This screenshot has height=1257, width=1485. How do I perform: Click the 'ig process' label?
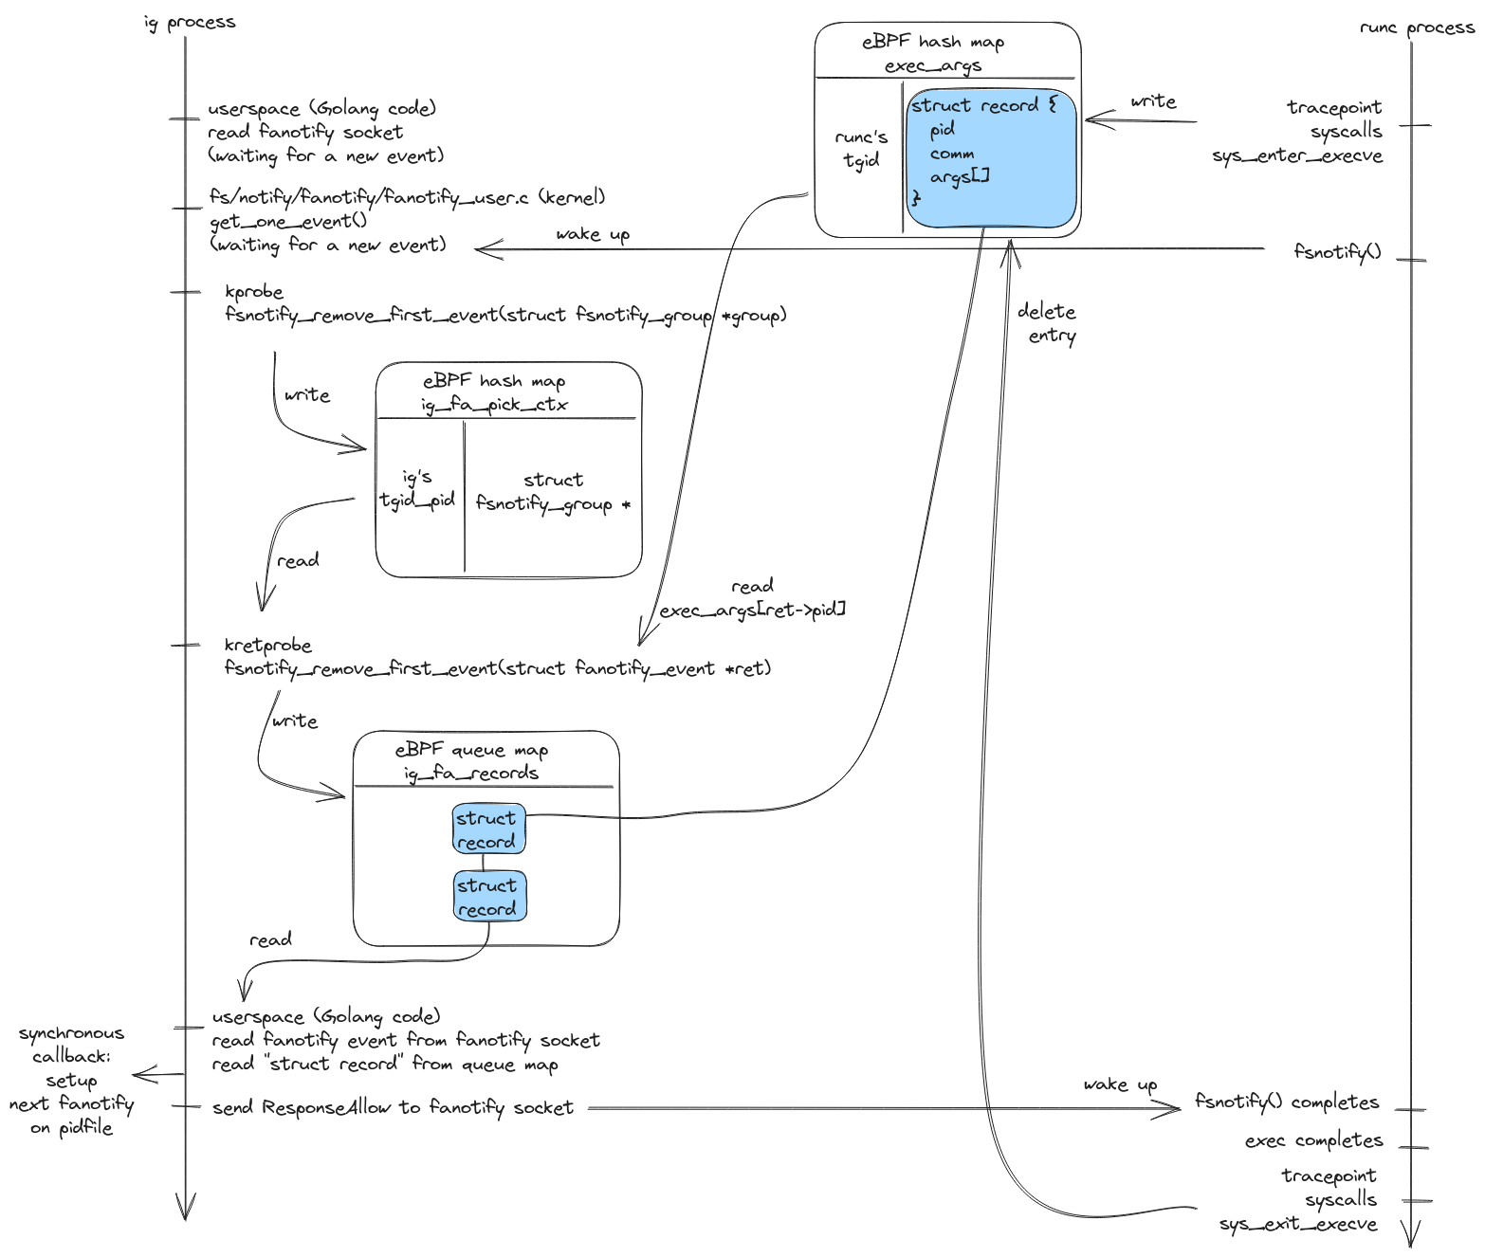pyautogui.click(x=190, y=23)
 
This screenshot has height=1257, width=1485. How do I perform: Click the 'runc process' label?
pyautogui.click(x=1417, y=27)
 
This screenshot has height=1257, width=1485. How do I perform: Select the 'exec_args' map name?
pyautogui.click(x=933, y=66)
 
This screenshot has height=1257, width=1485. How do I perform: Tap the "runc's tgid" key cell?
pyautogui.click(x=861, y=149)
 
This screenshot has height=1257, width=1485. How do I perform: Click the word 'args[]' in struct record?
pyautogui.click(x=960, y=176)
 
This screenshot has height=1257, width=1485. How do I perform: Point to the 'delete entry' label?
pyautogui.click(x=1048, y=323)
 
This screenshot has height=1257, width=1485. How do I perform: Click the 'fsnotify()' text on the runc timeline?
pyautogui.click(x=1337, y=251)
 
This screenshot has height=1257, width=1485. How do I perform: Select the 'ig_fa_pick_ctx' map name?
pyautogui.click(x=495, y=405)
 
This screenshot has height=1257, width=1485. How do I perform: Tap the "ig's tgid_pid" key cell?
pyautogui.click(x=417, y=489)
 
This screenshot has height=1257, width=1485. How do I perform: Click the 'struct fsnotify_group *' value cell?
pyautogui.click(x=553, y=492)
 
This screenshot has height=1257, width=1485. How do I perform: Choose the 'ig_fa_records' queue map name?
pyautogui.click(x=471, y=774)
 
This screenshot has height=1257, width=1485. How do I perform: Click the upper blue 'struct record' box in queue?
pyautogui.click(x=487, y=829)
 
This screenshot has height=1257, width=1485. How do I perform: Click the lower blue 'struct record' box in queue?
pyautogui.click(x=488, y=897)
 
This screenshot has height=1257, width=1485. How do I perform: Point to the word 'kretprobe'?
pyautogui.click(x=267, y=646)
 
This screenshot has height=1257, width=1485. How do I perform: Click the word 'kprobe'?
pyautogui.click(x=254, y=292)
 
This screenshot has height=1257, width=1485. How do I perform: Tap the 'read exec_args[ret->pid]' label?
pyautogui.click(x=753, y=598)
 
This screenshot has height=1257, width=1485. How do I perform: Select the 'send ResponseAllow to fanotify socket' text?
pyautogui.click(x=393, y=1107)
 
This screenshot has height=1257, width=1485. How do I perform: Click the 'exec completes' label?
pyautogui.click(x=1313, y=1140)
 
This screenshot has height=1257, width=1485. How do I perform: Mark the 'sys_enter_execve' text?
pyautogui.click(x=1297, y=155)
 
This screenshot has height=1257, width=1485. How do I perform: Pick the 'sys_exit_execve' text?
pyautogui.click(x=1298, y=1224)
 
